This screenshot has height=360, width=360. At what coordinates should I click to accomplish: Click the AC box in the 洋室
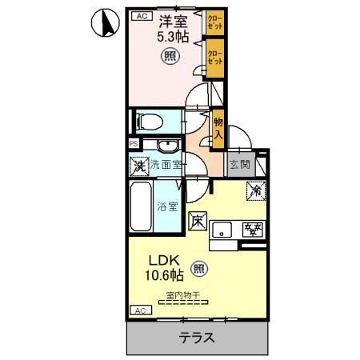tap(140, 15)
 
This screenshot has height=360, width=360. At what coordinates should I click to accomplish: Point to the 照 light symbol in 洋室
tap(170, 56)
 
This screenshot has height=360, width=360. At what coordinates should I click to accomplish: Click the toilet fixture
tap(149, 121)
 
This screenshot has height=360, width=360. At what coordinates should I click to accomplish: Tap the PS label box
tap(133, 144)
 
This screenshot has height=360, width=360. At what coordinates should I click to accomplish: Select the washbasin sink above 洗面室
tap(166, 146)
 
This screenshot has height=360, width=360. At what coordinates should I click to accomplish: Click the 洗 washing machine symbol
tap(140, 166)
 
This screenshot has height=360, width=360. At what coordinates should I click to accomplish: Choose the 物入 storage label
tap(218, 129)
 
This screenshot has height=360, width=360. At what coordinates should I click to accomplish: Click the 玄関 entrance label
tap(238, 166)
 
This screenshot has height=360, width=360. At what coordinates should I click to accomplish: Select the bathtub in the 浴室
tap(142, 206)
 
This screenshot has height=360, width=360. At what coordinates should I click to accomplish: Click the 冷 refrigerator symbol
tap(255, 191)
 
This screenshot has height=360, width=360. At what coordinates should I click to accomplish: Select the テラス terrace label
tap(196, 337)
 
